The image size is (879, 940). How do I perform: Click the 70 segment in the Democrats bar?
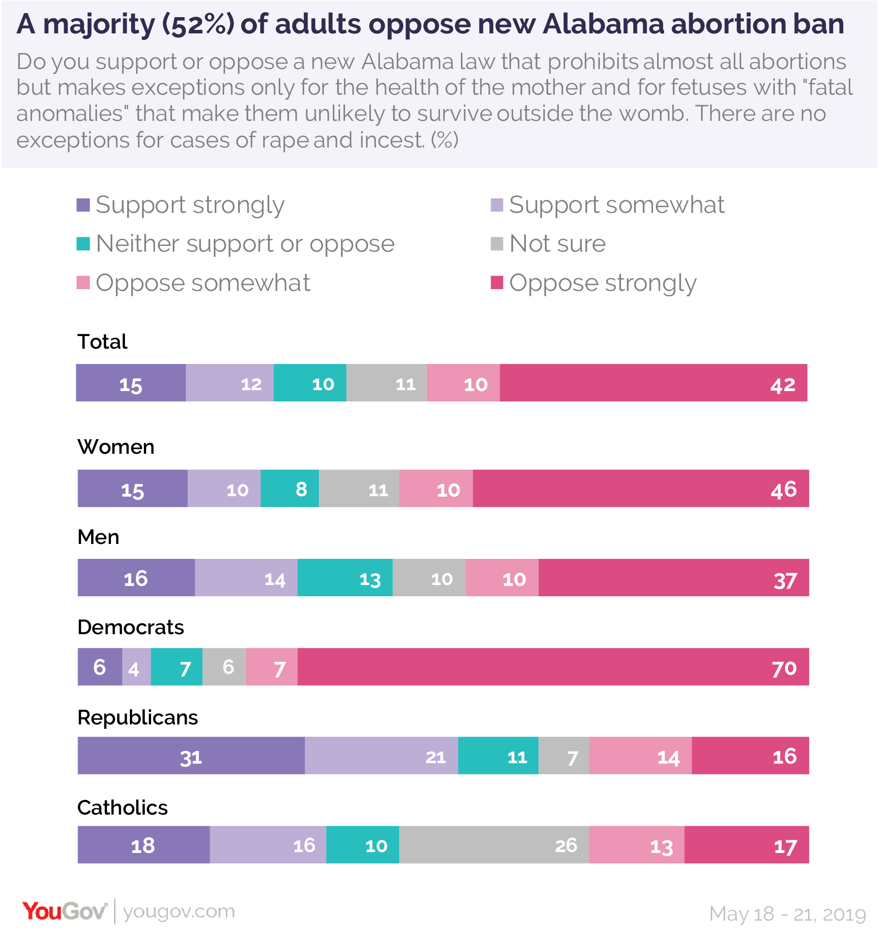(553, 667)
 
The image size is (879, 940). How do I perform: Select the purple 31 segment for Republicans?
(191, 755)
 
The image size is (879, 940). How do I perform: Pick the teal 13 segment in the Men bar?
(345, 577)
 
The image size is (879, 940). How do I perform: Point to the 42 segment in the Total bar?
(653, 382)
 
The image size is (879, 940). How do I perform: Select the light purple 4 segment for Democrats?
(136, 667)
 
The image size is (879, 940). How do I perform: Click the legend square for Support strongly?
(83, 205)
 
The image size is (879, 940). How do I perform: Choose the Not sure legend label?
(557, 244)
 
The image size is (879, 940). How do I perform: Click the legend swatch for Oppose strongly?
(497, 283)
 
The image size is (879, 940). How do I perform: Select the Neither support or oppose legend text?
(245, 244)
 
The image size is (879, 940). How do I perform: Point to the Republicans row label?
(138, 717)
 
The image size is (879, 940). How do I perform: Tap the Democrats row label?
(130, 627)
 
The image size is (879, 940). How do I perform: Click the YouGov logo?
(65, 911)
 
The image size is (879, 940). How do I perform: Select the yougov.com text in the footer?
(179, 912)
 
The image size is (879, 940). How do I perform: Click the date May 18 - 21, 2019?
(787, 914)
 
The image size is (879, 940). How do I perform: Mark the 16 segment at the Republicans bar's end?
(750, 755)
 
